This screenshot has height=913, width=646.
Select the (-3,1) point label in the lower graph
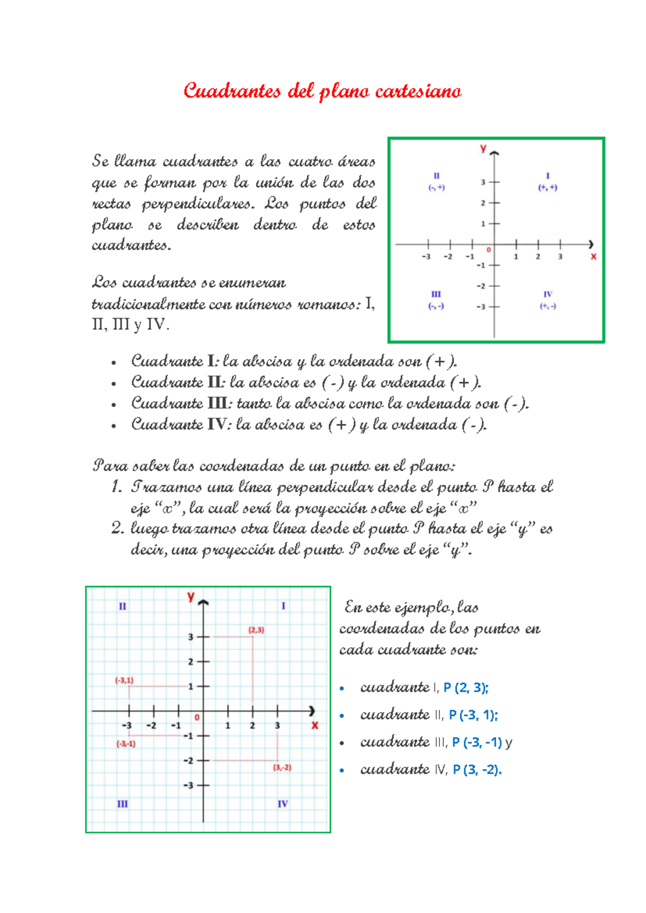[124, 680]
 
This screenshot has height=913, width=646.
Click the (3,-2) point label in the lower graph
[282, 767]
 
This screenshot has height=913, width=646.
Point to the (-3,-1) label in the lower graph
[126, 744]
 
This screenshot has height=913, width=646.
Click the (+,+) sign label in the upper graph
[547, 187]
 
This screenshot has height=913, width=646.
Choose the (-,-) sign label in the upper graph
[436, 306]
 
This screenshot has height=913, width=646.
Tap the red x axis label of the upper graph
[593, 257]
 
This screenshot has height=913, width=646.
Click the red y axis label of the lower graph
[190, 596]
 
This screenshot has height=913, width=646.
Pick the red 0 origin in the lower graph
[197, 718]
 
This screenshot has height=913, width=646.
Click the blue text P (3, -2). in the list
[477, 769]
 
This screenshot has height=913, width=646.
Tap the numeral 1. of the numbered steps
[117, 487]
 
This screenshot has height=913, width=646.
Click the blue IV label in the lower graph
[283, 804]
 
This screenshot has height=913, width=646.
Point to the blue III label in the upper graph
[436, 294]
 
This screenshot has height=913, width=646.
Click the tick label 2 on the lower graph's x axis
[252, 726]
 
